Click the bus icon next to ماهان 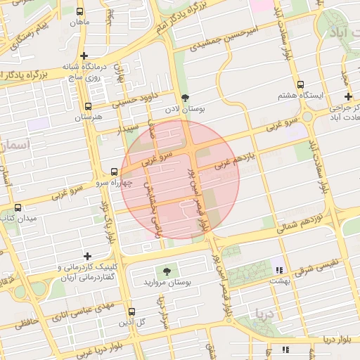(x=79, y=12)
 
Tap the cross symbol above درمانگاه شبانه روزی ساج (x=84, y=56)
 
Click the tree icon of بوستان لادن (x=185, y=98)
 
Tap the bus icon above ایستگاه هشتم (x=301, y=83)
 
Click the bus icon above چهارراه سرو (x=115, y=172)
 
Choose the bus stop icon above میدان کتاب (x=18, y=208)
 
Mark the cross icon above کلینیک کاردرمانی (x=87, y=257)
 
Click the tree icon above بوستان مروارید (x=167, y=271)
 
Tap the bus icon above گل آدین (x=131, y=311)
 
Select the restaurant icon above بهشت (x=279, y=269)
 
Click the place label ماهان (x=79, y=22)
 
